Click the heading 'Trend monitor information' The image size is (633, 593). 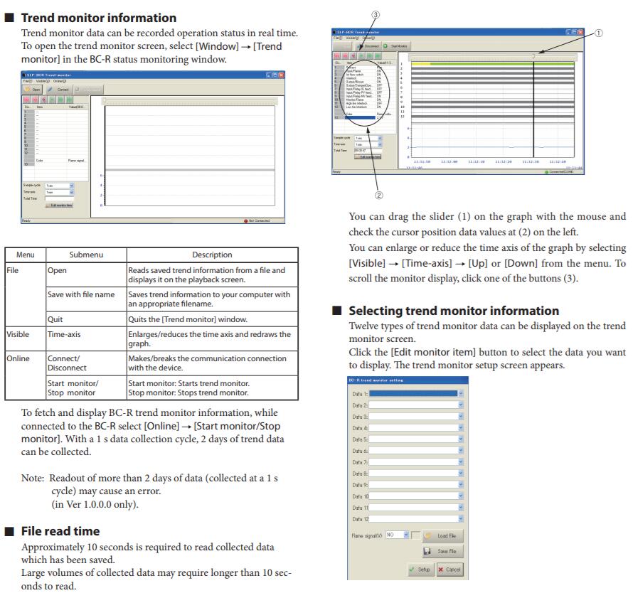[99, 17]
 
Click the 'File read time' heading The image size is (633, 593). [60, 531]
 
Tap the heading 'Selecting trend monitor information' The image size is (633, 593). [454, 311]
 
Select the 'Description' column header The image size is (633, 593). [212, 255]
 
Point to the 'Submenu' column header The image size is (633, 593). [85, 255]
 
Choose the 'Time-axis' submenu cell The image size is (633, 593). [65, 334]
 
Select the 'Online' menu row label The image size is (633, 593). [18, 358]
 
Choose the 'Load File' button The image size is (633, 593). [441, 535]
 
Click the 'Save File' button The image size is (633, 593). [441, 551]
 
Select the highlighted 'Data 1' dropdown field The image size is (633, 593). [416, 392]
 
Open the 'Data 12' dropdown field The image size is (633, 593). [416, 520]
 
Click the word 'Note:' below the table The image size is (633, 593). [34, 478]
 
